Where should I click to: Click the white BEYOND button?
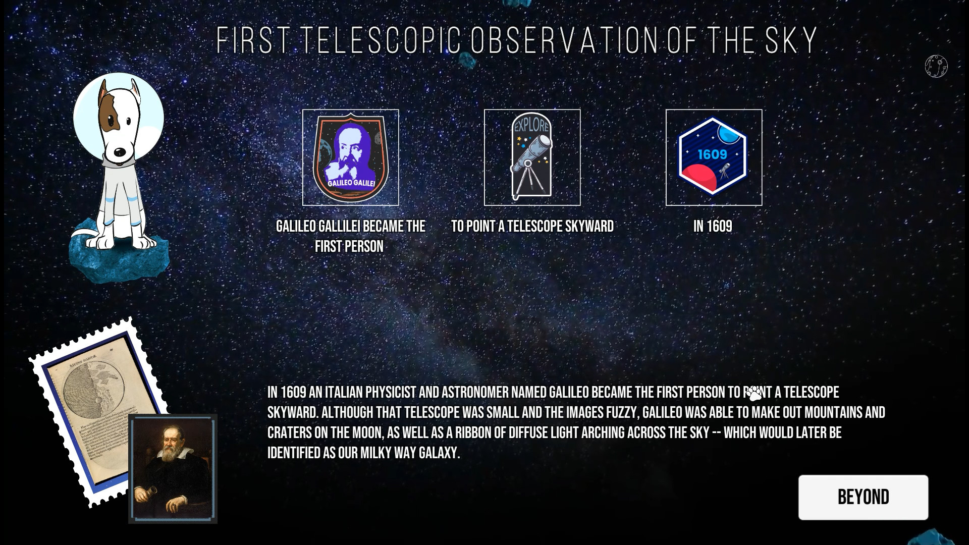(863, 497)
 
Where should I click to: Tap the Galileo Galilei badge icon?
(350, 157)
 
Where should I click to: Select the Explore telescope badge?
(532, 157)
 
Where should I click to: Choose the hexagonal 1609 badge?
(714, 157)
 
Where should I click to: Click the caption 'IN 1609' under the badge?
(713, 227)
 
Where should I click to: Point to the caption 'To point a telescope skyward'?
(532, 227)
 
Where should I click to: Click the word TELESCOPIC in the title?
(383, 40)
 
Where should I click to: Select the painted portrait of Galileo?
(173, 468)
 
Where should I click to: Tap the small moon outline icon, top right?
(936, 66)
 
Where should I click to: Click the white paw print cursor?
(754, 394)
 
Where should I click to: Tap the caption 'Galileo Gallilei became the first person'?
(350, 236)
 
